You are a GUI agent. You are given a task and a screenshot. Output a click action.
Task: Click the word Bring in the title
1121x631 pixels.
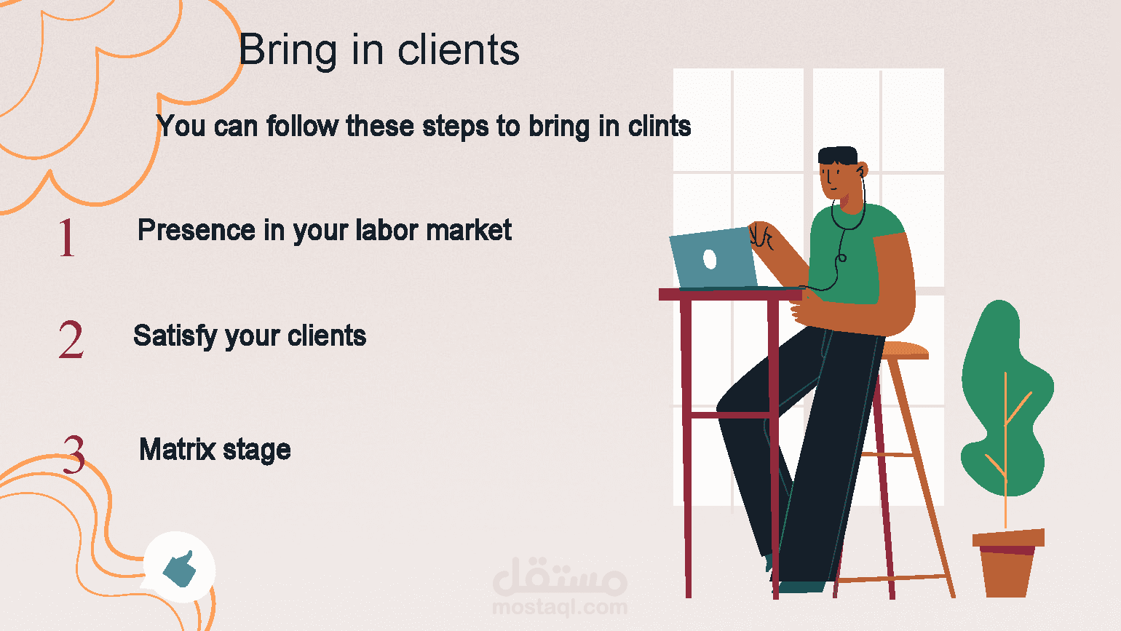pos(288,51)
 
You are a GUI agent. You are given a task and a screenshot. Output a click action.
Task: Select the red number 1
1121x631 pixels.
pos(66,238)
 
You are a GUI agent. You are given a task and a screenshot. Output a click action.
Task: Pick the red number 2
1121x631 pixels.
pos(71,339)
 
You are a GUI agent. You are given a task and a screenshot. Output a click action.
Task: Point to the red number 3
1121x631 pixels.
pos(74,454)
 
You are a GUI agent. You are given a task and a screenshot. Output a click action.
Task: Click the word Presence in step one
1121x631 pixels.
pos(197,230)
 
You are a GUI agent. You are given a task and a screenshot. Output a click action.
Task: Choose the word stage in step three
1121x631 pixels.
pos(257,451)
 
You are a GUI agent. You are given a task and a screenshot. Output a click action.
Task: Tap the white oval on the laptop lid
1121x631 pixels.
pos(710,259)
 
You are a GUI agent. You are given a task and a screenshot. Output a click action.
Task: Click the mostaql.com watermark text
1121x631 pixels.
pos(560,608)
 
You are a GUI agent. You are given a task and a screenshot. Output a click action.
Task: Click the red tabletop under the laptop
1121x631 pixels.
pos(731,295)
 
